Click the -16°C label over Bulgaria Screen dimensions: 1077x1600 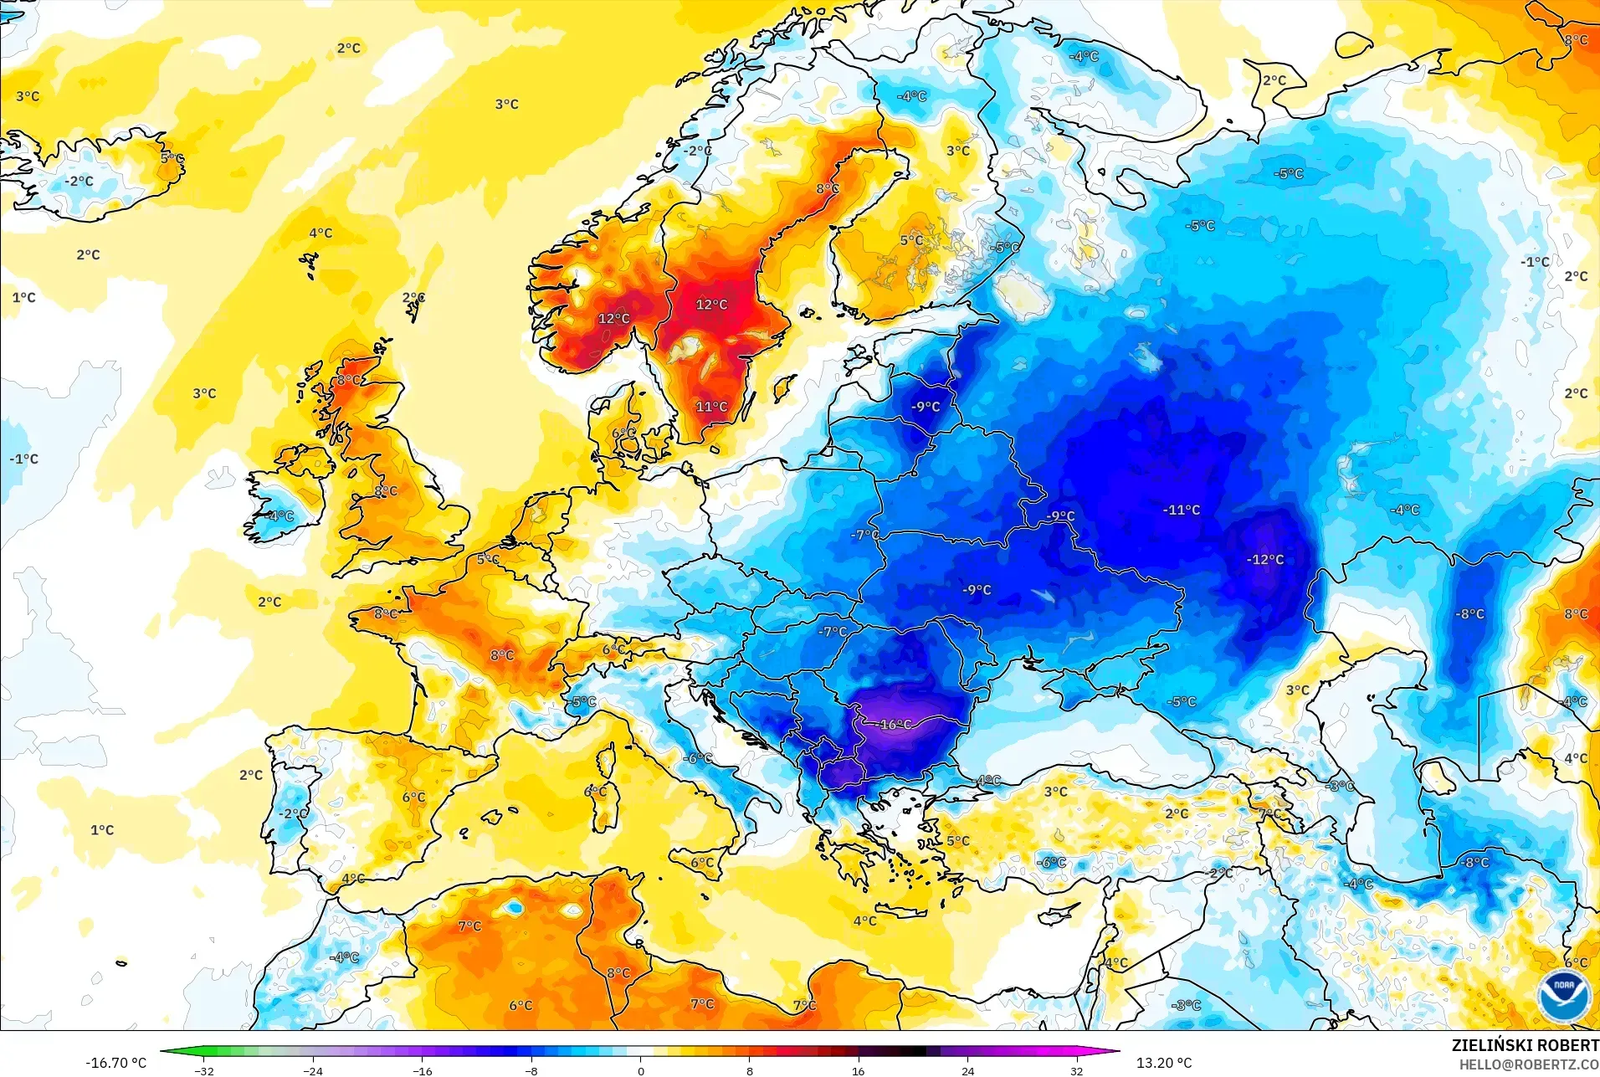(895, 725)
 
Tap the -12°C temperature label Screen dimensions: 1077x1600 (1265, 560)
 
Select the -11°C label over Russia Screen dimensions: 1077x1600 (1182, 510)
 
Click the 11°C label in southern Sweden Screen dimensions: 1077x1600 (711, 407)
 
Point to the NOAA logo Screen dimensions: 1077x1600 (1563, 996)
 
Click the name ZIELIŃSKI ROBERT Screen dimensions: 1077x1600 (1525, 1045)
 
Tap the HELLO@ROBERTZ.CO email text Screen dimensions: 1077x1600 (1529, 1064)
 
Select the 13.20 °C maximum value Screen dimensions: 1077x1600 (1163, 1063)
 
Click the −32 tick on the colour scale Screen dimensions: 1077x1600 (204, 1070)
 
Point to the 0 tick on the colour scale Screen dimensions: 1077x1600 (641, 1070)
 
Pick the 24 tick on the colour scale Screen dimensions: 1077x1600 (967, 1070)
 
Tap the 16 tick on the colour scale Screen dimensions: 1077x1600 (859, 1070)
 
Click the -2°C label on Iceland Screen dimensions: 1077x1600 (80, 182)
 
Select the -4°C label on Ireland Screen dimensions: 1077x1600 (279, 516)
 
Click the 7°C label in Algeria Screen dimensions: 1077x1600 (469, 926)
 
